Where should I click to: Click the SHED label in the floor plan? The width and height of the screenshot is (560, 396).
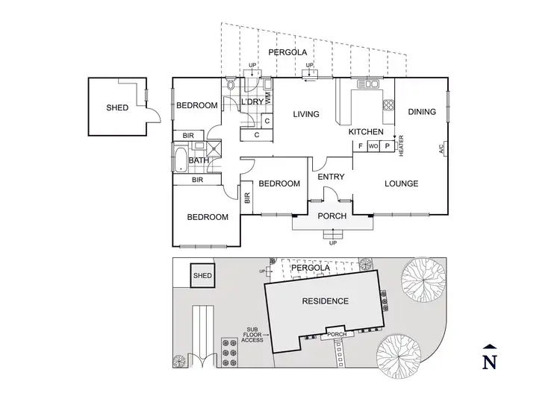(117, 107)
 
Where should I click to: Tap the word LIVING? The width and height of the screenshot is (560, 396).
(306, 114)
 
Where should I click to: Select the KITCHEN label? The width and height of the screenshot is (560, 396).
(366, 132)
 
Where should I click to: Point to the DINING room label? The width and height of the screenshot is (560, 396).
(422, 112)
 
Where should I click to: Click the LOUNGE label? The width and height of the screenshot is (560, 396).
(401, 183)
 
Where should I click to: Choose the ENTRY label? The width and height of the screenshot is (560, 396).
(330, 177)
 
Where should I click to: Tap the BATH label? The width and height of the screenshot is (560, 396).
(198, 160)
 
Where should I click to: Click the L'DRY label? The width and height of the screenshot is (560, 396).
(247, 102)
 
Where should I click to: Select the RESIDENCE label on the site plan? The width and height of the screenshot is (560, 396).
(325, 301)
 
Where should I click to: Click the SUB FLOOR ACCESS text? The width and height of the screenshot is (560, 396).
(252, 334)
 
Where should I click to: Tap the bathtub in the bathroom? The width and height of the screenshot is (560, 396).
(181, 160)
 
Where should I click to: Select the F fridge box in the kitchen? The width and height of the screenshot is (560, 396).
(361, 146)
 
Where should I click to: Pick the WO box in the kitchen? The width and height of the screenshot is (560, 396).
(374, 146)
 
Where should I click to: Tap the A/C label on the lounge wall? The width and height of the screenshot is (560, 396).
(441, 149)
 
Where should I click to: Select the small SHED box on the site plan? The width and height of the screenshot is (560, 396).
(202, 276)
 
